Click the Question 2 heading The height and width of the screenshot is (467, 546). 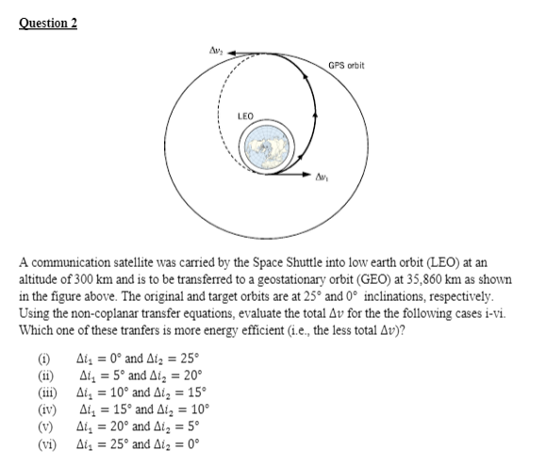[x=47, y=23]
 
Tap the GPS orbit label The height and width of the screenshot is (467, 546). [x=346, y=65]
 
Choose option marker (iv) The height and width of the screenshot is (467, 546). [x=43, y=407]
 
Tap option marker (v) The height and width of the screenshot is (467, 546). [x=42, y=424]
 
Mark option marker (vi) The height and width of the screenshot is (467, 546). [x=43, y=441]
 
